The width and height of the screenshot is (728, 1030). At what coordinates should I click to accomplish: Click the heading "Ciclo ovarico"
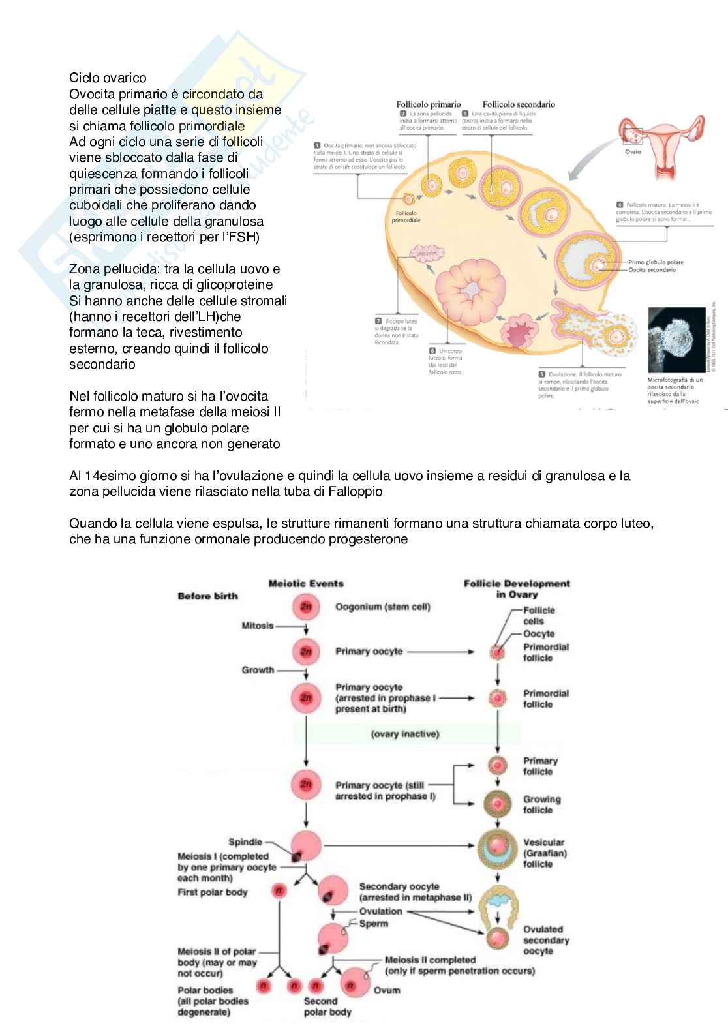pyautogui.click(x=108, y=78)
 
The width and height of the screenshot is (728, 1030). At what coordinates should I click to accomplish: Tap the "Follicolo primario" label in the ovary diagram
pyautogui.click(x=428, y=104)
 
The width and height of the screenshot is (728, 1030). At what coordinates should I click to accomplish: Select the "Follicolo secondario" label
pyautogui.click(x=519, y=104)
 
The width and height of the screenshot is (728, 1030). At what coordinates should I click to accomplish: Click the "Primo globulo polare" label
pyautogui.click(x=656, y=262)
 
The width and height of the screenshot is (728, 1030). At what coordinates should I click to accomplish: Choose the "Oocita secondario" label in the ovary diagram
pyautogui.click(x=652, y=269)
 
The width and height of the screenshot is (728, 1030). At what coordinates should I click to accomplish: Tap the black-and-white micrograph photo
pyautogui.click(x=675, y=340)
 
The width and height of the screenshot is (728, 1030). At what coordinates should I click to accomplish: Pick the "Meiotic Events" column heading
pyautogui.click(x=306, y=583)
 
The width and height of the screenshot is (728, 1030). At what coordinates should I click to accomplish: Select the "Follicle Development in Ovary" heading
pyautogui.click(x=517, y=588)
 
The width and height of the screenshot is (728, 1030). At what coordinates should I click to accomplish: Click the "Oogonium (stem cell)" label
pyautogui.click(x=383, y=607)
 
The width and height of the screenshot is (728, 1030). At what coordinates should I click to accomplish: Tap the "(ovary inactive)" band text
pyautogui.click(x=405, y=734)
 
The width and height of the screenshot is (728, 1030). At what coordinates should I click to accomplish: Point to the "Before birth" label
pyautogui.click(x=207, y=596)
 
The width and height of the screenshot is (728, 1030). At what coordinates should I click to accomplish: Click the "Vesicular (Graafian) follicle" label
pyautogui.click(x=543, y=853)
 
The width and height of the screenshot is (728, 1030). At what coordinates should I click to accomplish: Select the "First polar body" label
pyautogui.click(x=212, y=892)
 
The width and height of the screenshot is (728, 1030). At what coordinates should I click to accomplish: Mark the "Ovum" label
pyautogui.click(x=387, y=990)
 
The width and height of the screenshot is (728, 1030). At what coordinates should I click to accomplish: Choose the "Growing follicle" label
pyautogui.click(x=541, y=804)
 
